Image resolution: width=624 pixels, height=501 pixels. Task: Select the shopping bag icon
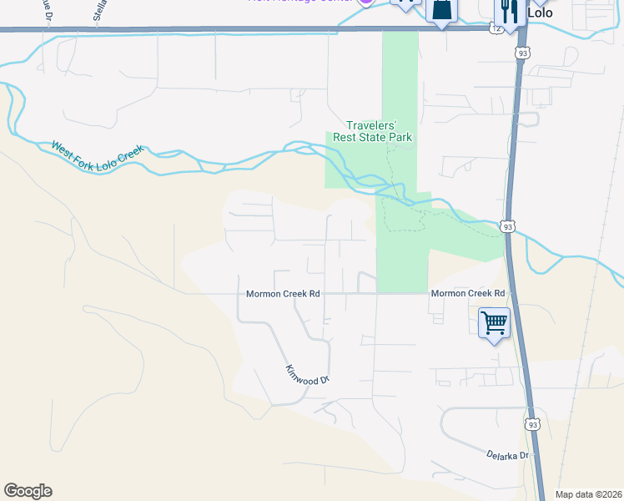(x=441, y=10)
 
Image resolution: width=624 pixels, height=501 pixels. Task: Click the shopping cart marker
(x=494, y=321)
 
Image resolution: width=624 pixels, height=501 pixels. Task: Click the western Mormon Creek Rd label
(x=283, y=294)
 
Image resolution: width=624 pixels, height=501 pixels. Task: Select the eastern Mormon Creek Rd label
(x=467, y=294)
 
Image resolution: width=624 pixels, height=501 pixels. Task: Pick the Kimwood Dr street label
(x=308, y=374)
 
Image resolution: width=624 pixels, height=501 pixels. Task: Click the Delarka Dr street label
(x=508, y=455)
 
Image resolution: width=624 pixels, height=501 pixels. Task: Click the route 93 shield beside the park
(x=507, y=226)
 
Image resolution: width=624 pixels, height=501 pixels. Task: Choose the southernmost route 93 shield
(x=533, y=425)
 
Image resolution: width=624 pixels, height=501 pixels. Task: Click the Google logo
(x=28, y=491)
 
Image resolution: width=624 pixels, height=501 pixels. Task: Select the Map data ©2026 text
(x=588, y=494)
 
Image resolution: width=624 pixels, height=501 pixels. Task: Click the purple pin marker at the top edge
(x=365, y=3)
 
